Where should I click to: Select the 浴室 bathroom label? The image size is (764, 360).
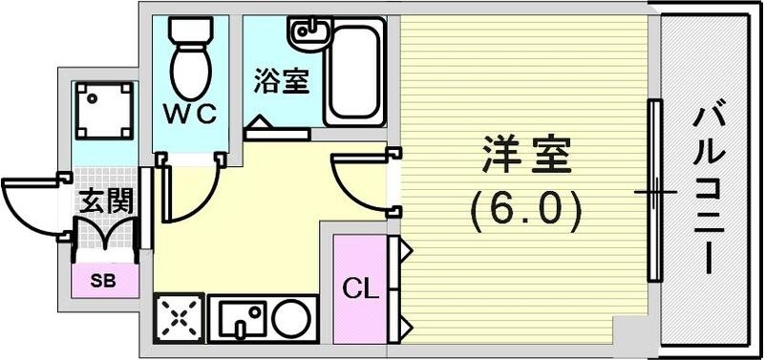pyautogui.click(x=281, y=81)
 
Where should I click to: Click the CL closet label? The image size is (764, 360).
pyautogui.click(x=357, y=286)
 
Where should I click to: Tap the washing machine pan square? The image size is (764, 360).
pyautogui.click(x=101, y=107)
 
